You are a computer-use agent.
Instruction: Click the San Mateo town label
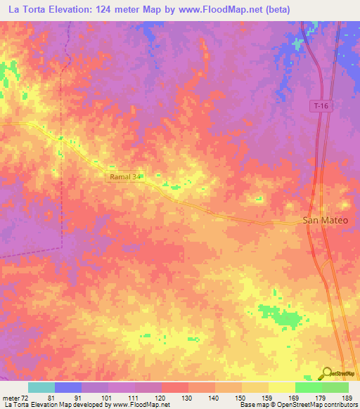tap(325, 220)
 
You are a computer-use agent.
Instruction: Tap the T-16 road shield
tap(320, 105)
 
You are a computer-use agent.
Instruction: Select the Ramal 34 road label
tap(126, 178)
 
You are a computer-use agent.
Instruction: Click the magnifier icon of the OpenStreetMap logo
tap(328, 372)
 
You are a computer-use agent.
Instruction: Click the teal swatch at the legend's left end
tap(41, 387)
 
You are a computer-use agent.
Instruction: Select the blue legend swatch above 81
tap(68, 387)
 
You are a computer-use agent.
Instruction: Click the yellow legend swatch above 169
tap(282, 387)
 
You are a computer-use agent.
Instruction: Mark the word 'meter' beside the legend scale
tap(10, 398)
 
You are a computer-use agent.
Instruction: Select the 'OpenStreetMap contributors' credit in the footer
tap(321, 405)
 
